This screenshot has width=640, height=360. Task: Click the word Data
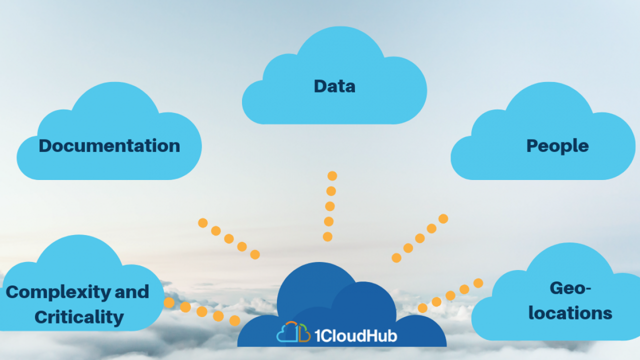pyautogui.click(x=334, y=86)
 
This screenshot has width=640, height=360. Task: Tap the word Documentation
pyautogui.click(x=109, y=145)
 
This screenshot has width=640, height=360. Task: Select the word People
pyautogui.click(x=557, y=146)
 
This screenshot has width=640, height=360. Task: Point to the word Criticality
pyautogui.click(x=79, y=317)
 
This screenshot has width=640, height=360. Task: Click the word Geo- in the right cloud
pyautogui.click(x=570, y=288)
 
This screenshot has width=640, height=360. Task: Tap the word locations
pyautogui.click(x=570, y=313)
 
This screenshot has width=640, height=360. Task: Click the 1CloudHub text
pyautogui.click(x=356, y=335)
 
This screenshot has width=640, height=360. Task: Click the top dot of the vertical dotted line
pyautogui.click(x=332, y=175)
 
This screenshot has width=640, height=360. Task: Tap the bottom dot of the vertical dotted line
pyautogui.click(x=327, y=236)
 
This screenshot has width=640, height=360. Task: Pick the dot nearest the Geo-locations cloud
pyautogui.click(x=478, y=283)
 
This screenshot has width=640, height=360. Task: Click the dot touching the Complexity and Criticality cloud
pyautogui.click(x=169, y=302)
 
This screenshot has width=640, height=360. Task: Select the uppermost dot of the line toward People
pyautogui.click(x=443, y=218)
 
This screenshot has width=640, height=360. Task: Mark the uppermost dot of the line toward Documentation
pyautogui.click(x=203, y=223)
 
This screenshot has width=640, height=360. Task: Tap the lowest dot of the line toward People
pyautogui.click(x=396, y=257)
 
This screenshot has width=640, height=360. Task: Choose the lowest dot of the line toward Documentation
pyautogui.click(x=255, y=254)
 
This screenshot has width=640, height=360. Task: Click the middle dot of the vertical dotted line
pyautogui.click(x=330, y=206)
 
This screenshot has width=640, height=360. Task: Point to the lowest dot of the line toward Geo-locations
pyautogui.click(x=422, y=308)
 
